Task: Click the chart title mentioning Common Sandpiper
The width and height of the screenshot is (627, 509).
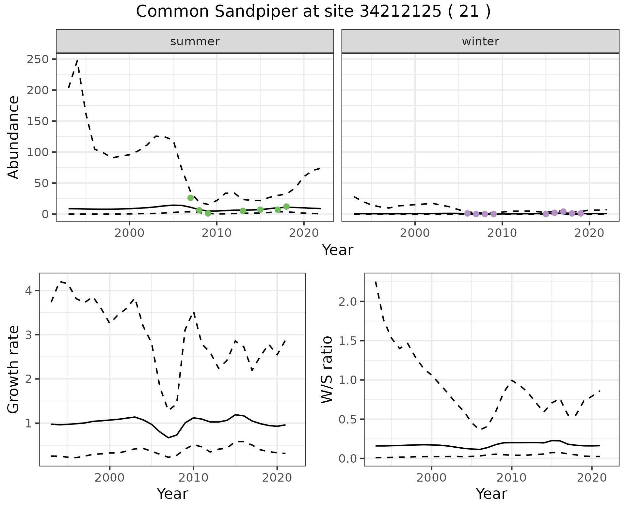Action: [313, 12]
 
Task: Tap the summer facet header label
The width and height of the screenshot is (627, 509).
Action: [195, 41]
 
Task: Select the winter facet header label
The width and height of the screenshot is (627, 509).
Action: [480, 41]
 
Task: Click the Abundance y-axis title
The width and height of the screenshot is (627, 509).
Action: [14, 137]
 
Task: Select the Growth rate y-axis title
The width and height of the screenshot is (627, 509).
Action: [14, 369]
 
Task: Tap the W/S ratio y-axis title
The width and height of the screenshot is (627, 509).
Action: [327, 369]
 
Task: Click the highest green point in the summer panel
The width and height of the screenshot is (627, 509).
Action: [191, 198]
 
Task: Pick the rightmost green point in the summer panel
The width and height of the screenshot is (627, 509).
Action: [286, 207]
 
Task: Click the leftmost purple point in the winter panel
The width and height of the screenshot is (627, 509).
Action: [467, 213]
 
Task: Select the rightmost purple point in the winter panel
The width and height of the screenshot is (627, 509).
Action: [581, 213]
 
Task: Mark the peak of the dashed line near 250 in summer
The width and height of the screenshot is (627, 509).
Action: [77, 60]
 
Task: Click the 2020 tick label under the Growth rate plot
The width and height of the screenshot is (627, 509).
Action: [277, 478]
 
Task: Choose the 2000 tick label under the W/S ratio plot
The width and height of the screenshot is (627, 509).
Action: [432, 478]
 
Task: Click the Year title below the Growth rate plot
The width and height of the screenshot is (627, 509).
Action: [172, 494]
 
